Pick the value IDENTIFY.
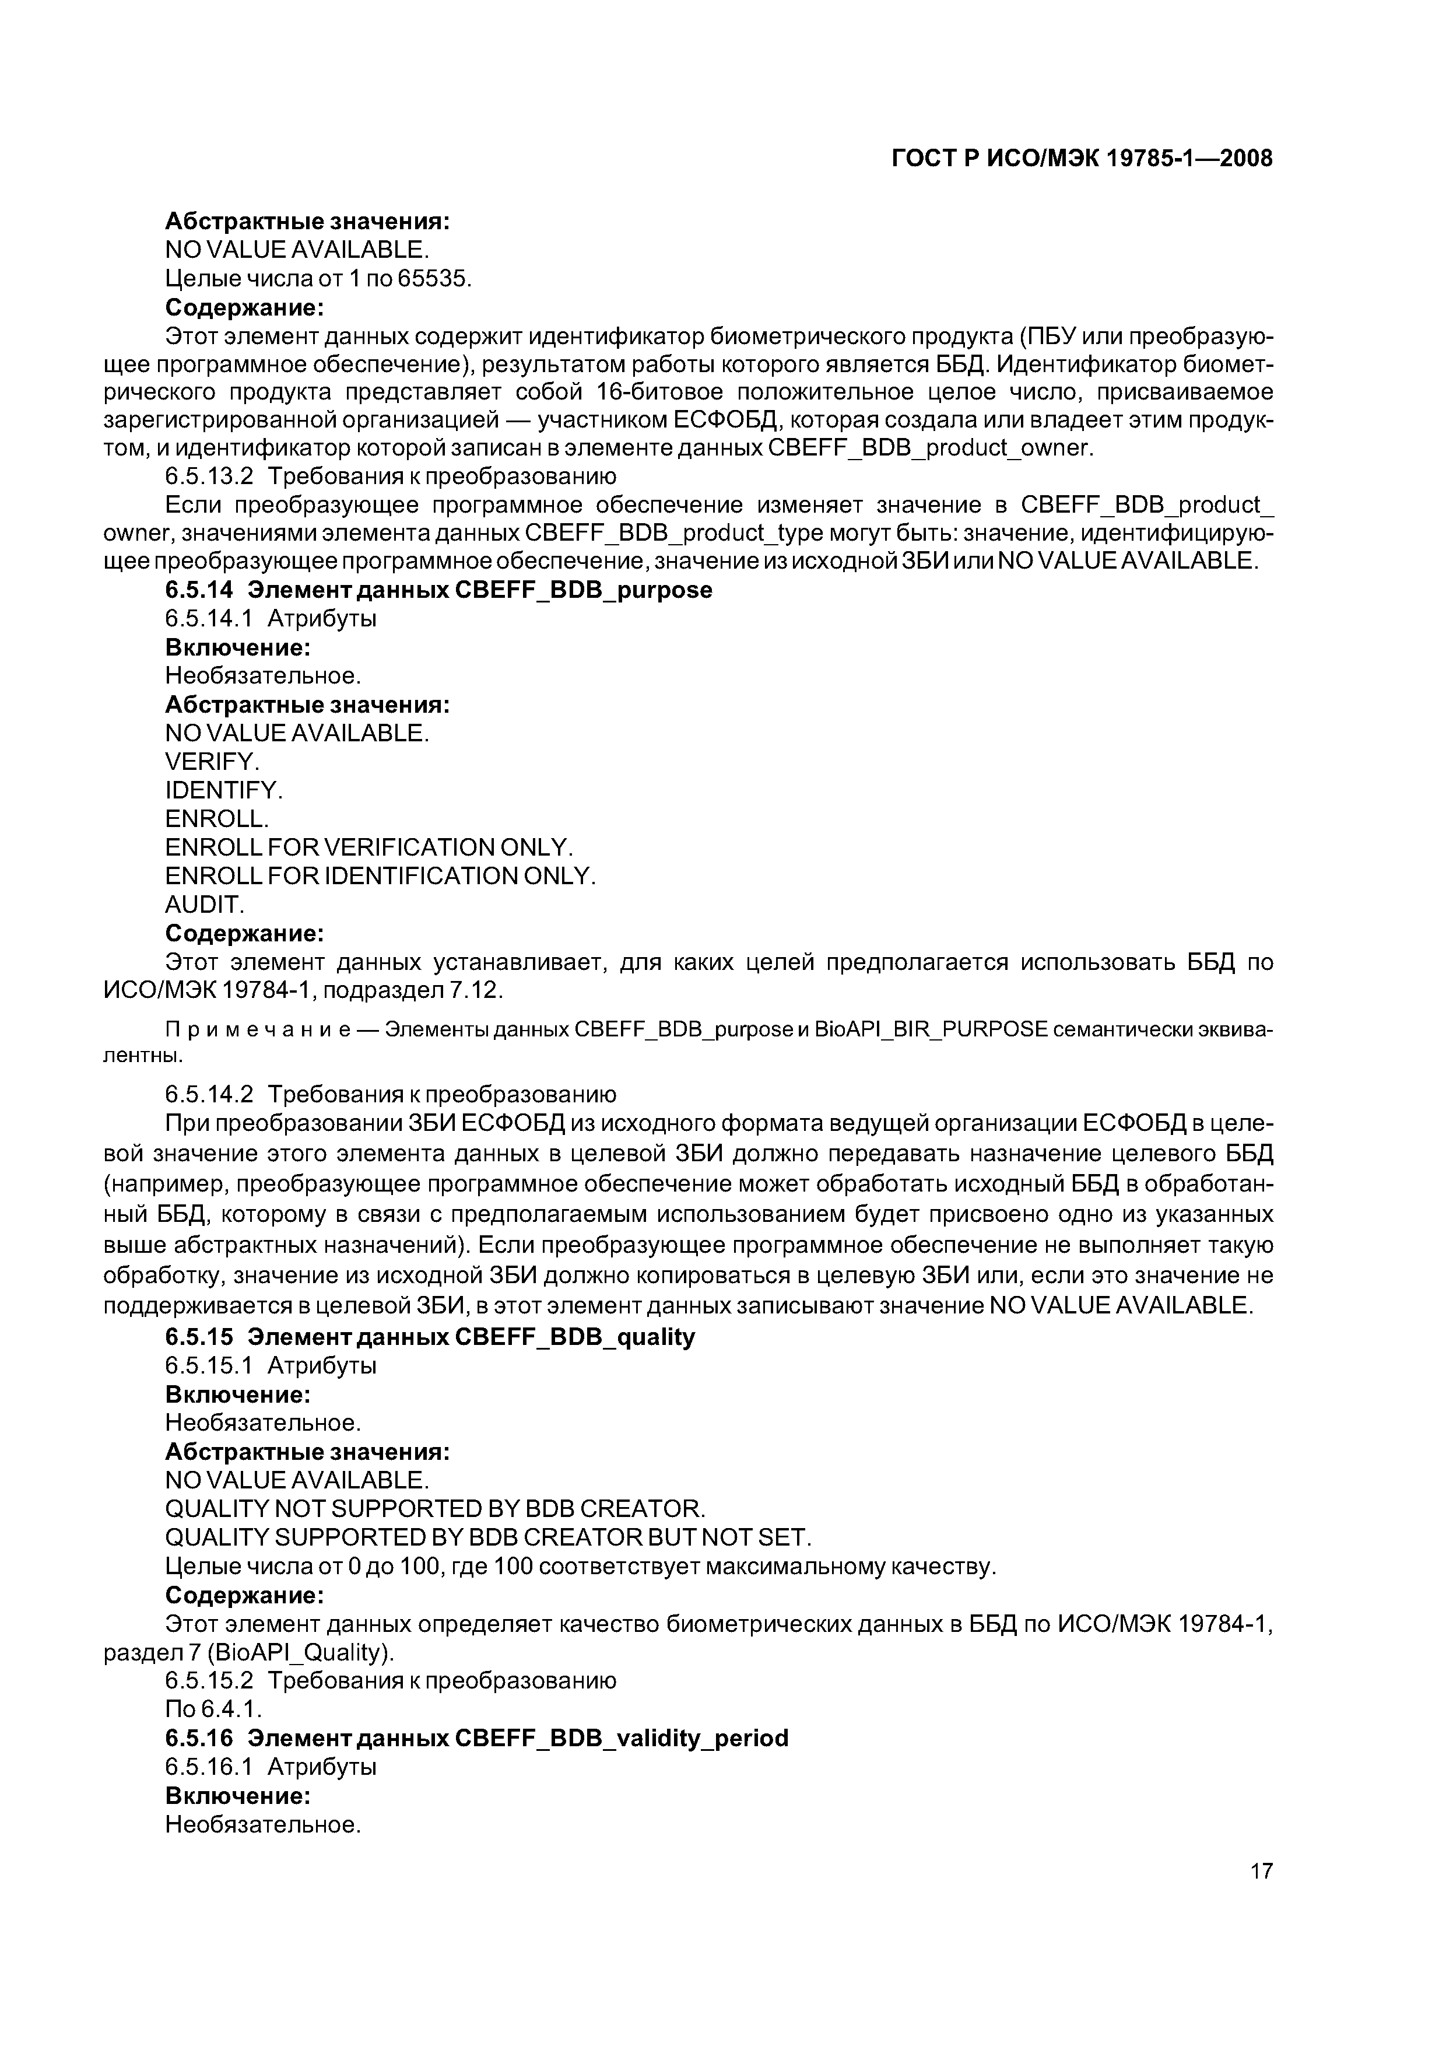[224, 790]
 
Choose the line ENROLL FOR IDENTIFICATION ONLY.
[380, 876]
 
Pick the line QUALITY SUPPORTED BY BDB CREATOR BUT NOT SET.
[488, 1537]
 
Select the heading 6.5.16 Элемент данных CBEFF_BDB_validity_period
[476, 1737]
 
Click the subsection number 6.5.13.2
[209, 476]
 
